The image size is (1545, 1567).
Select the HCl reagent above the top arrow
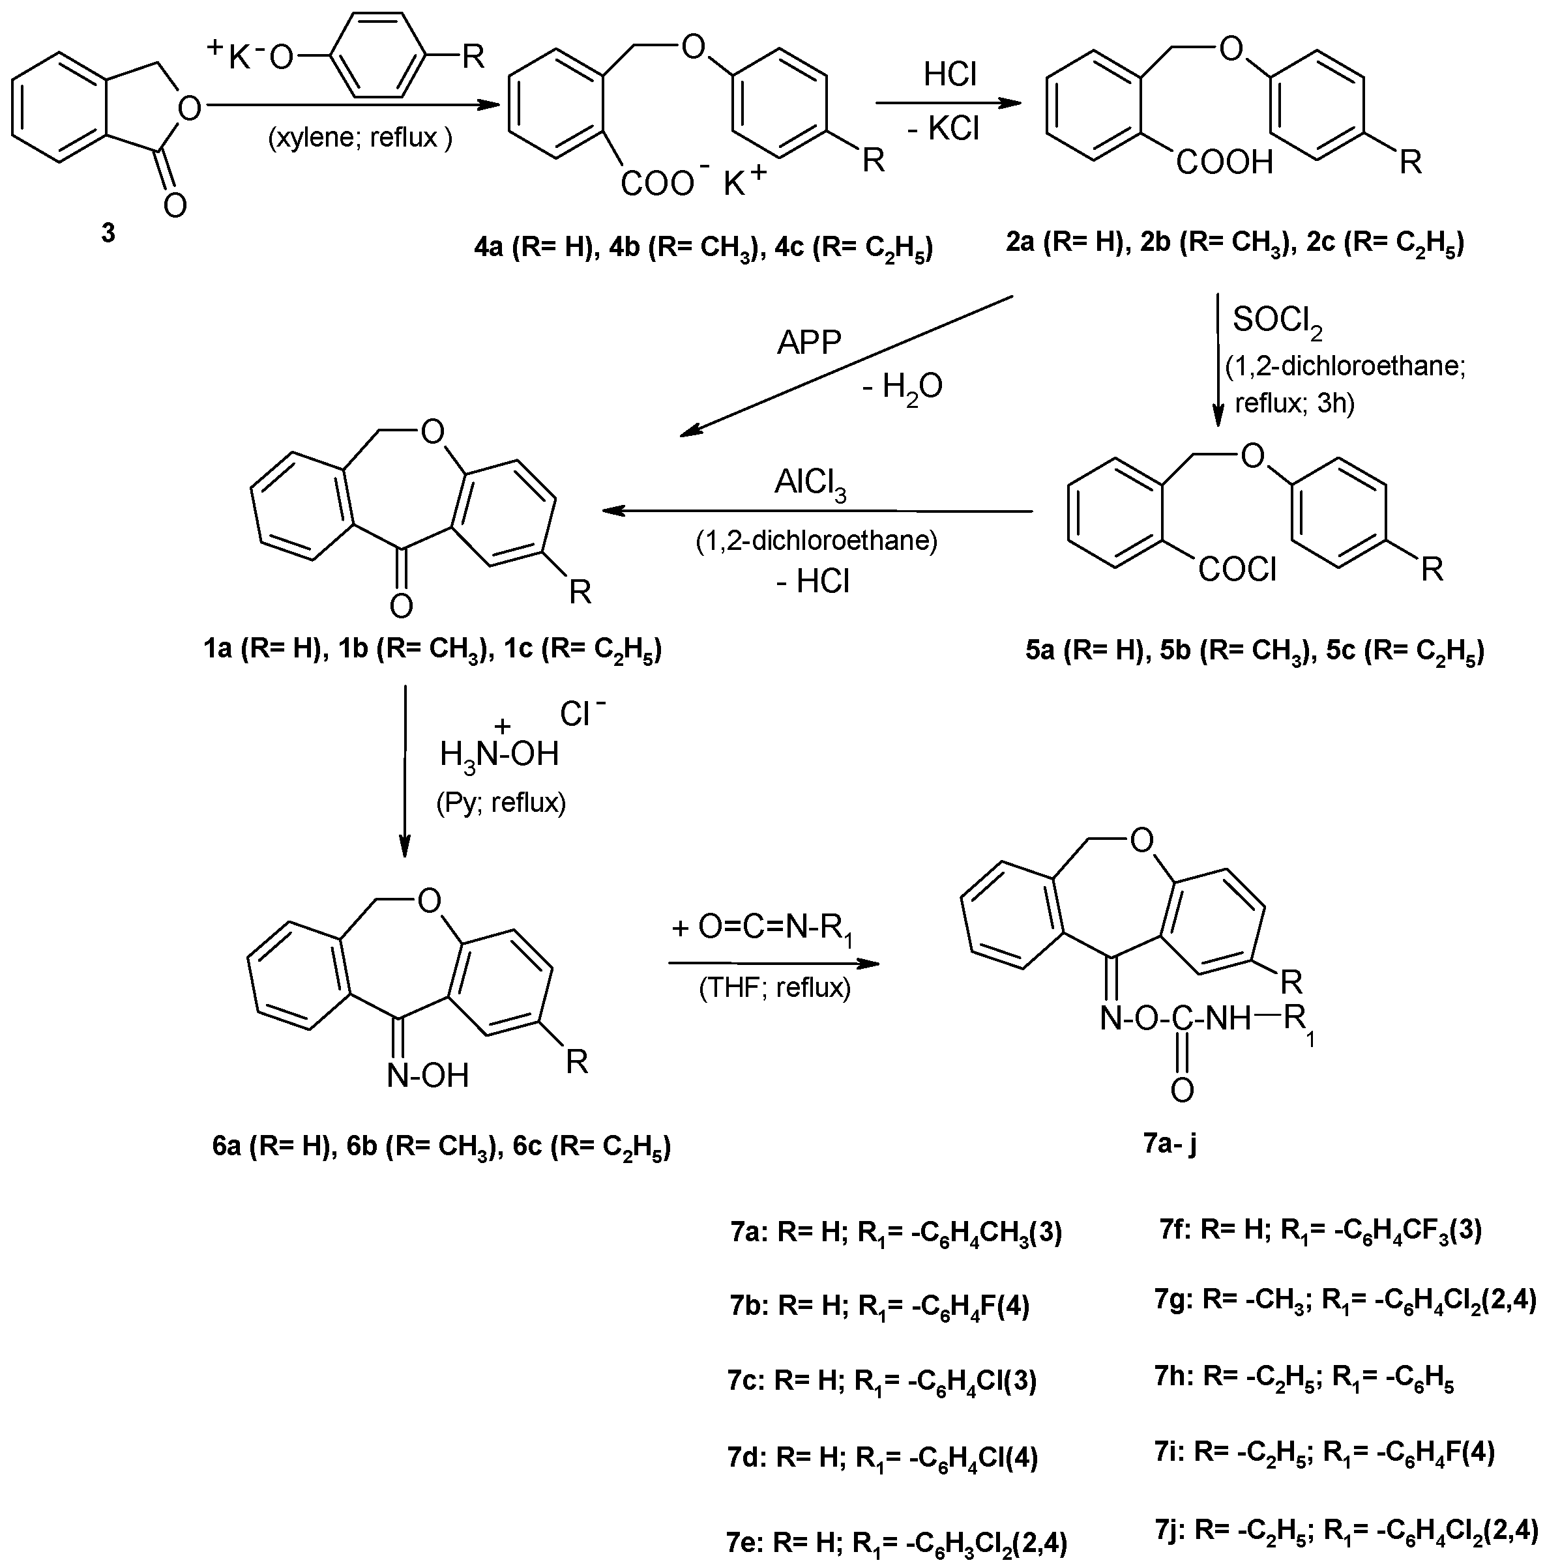tap(950, 76)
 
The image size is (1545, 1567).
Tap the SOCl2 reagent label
tap(1277, 322)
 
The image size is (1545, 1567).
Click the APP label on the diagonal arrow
tap(808, 343)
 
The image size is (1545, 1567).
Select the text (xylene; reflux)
tap(359, 138)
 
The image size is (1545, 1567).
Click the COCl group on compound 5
tap(1237, 570)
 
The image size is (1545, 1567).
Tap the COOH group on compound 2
tap(1224, 163)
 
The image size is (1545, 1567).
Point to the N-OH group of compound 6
tap(428, 1076)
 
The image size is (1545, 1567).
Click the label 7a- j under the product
tap(1171, 1144)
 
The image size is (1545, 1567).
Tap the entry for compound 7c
tap(882, 1381)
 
